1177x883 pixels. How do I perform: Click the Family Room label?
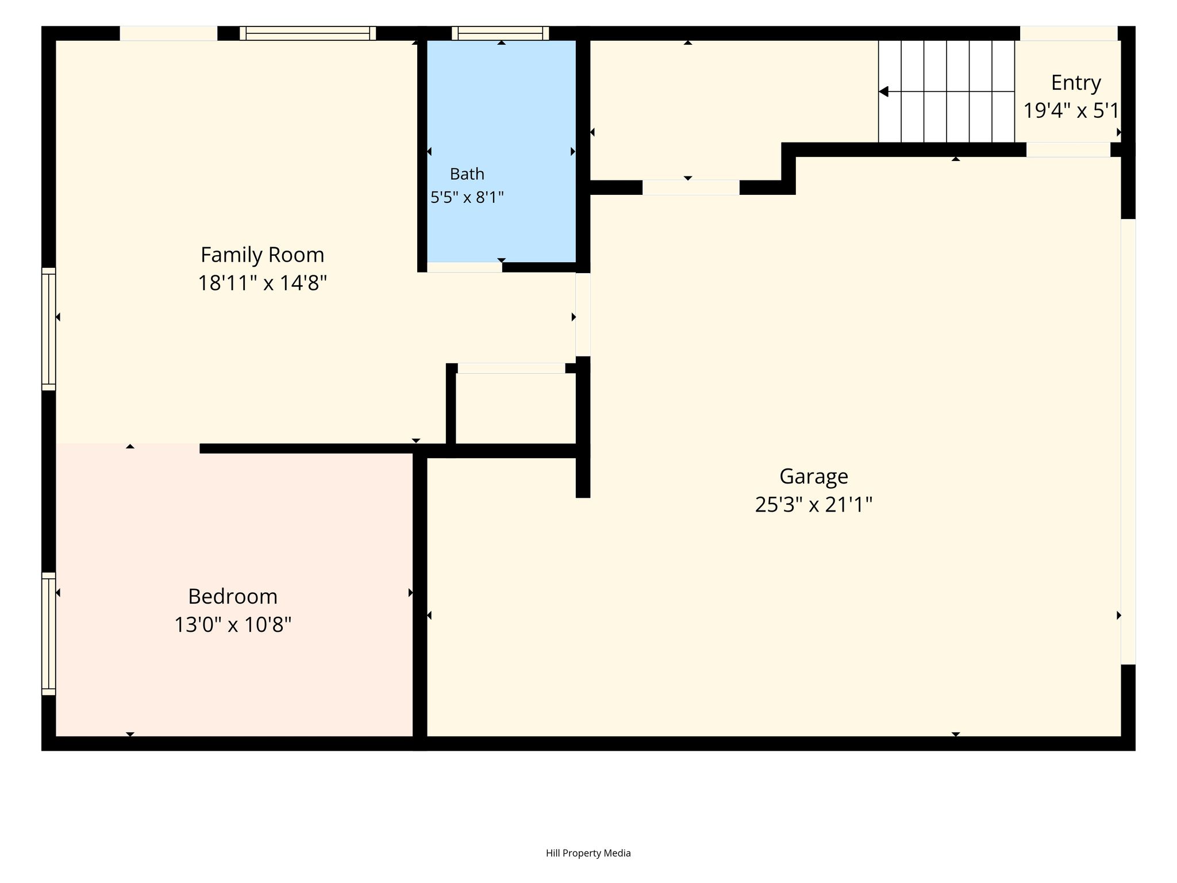262,255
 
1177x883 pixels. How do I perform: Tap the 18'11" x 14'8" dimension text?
262,283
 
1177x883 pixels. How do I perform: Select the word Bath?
467,174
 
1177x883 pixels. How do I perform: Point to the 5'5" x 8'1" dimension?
467,198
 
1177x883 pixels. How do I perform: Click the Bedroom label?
233,596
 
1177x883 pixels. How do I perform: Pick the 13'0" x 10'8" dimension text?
233,624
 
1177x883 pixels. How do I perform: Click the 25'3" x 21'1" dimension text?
813,505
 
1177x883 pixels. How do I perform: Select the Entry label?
1076,83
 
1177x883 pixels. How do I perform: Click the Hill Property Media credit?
588,853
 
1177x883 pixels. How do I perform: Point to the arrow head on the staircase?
884,91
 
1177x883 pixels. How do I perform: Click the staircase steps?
946,91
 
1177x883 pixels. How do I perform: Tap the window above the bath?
500,33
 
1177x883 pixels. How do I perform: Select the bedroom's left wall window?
49,634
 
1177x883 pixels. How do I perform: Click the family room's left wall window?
49,329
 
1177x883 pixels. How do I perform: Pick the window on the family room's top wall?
307,33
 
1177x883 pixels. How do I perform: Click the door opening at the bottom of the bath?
464,267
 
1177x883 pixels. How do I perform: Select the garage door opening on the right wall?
1128,441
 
